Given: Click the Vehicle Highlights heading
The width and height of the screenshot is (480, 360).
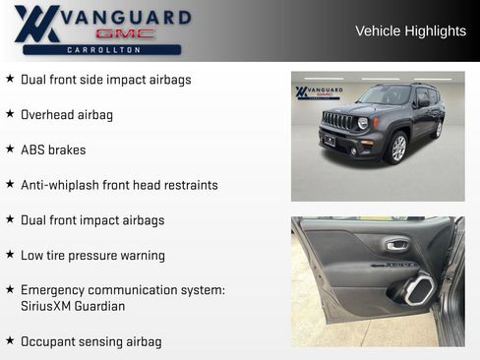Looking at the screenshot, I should [410, 31].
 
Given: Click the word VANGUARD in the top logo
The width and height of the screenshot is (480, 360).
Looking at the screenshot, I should [125, 17].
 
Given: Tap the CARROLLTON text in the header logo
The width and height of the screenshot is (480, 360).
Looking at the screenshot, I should [101, 49].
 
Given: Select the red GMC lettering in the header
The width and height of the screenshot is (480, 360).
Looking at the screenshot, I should [101, 33].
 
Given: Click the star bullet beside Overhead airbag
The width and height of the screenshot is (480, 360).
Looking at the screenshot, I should [10, 114].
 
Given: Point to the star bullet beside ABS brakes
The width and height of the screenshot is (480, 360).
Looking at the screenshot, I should [10, 150].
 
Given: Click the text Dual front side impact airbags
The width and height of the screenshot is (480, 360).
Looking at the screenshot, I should [106, 80].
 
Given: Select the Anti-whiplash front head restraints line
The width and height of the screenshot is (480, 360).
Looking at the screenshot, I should [119, 185].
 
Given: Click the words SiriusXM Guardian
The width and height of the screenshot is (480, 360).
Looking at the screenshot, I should [73, 306].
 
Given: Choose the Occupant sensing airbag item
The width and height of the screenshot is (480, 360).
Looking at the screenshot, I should [91, 341].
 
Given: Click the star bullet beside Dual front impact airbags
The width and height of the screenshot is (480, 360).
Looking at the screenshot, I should [10, 219].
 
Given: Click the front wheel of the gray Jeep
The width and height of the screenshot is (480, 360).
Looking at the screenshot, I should [398, 148].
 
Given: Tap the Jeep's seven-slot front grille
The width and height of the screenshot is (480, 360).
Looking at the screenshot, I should [337, 121].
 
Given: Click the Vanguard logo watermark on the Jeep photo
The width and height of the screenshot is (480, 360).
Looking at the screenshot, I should [319, 92].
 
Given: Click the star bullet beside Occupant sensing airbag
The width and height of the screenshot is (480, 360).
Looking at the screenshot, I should [10, 340].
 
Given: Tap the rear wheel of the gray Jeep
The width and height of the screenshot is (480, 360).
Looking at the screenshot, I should [438, 129].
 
